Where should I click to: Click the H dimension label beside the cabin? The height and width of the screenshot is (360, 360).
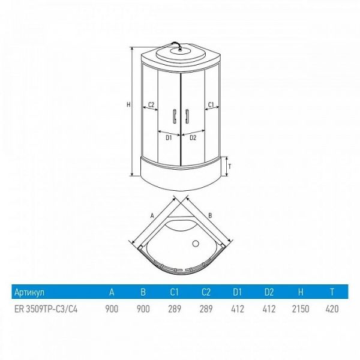[128, 104]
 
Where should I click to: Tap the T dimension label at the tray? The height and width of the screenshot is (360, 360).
[230, 166]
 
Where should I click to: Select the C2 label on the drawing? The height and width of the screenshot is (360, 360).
[151, 105]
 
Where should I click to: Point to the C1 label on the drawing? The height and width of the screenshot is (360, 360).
[211, 104]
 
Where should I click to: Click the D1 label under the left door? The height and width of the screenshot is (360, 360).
[169, 138]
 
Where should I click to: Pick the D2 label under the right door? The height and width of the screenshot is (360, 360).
[193, 138]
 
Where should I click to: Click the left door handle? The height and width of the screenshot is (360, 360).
[175, 116]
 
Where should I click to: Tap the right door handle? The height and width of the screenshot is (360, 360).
[187, 116]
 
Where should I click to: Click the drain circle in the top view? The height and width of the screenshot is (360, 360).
[196, 244]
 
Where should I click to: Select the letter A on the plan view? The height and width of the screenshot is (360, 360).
[152, 215]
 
